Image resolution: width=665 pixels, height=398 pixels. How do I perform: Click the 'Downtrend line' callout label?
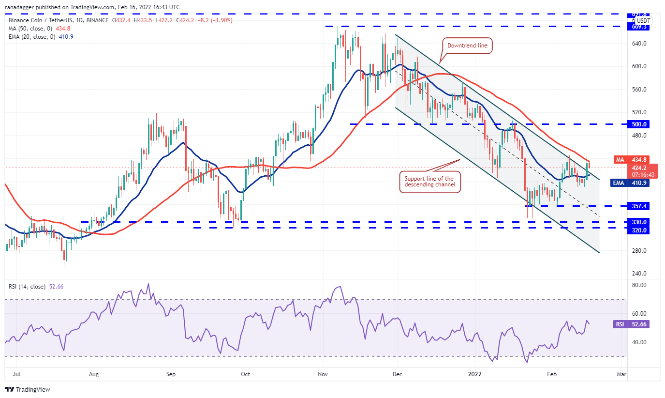pyautogui.click(x=468, y=46)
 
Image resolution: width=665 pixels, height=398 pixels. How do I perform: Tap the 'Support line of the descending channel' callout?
pyautogui.click(x=429, y=182)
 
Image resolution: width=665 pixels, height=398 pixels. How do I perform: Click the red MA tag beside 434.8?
pyautogui.click(x=620, y=160)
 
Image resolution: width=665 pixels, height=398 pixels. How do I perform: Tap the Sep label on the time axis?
pyautogui.click(x=170, y=374)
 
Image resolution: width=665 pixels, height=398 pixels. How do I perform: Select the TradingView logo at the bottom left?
pyautogui.click(x=28, y=389)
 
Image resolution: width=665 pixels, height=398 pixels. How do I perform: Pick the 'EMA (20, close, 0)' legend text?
pyautogui.click(x=32, y=37)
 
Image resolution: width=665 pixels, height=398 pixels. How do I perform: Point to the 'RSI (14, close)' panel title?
pyautogui.click(x=27, y=287)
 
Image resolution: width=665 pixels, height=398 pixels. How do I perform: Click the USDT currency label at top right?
pyautogui.click(x=643, y=21)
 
